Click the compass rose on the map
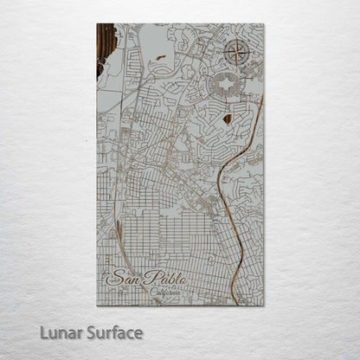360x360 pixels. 235,52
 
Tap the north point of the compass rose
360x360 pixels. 235,38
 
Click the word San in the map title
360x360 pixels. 122,280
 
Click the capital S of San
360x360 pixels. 112,280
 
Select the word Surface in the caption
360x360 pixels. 106,332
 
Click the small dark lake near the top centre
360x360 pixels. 161,58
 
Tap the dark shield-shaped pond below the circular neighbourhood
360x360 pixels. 228,118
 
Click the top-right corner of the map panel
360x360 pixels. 264,24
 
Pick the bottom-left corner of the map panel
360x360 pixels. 97,305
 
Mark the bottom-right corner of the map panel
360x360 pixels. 264,305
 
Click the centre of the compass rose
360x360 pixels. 235,52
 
